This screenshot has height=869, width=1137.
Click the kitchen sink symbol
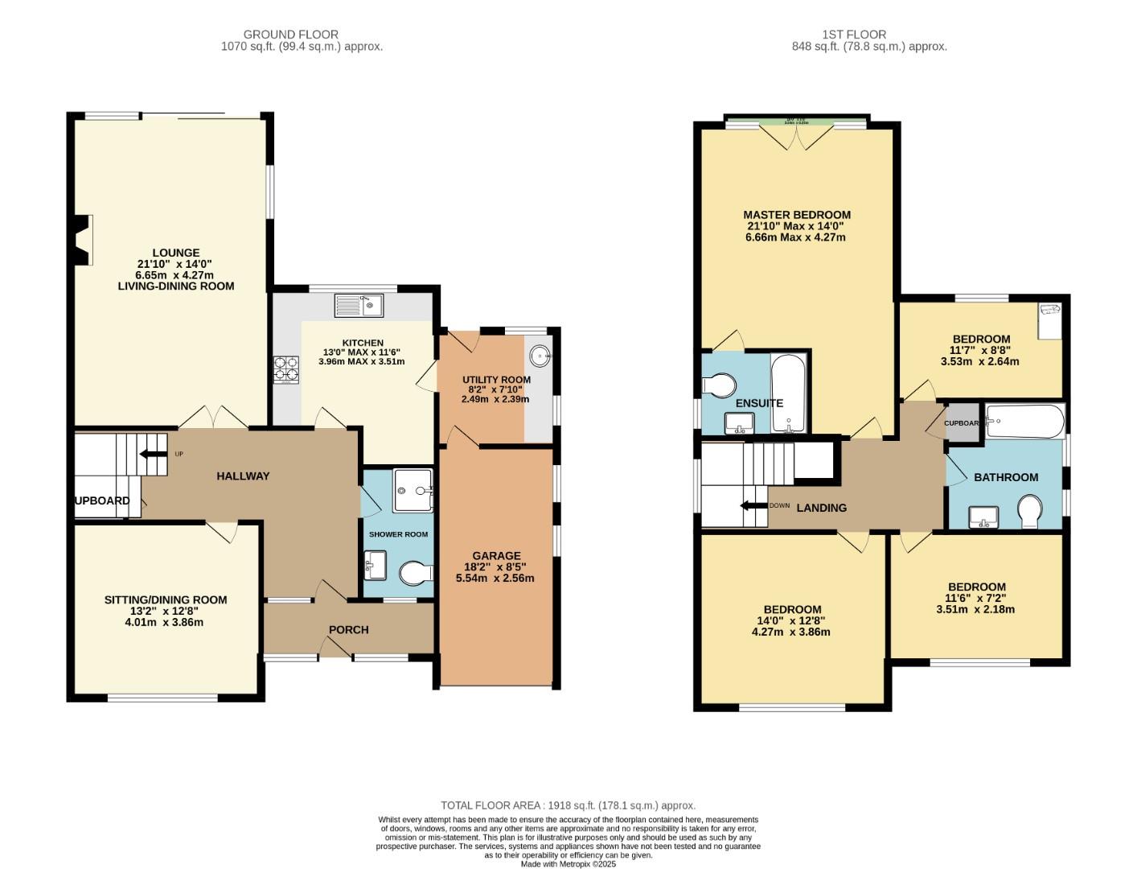tap(359, 305)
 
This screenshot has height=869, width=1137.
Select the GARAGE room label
tap(496, 556)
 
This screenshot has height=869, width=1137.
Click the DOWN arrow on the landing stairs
tap(754, 506)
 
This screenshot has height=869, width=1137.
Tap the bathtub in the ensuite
tap(787, 392)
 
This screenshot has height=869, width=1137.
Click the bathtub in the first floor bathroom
tap(1024, 421)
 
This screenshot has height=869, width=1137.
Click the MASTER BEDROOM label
tap(796, 215)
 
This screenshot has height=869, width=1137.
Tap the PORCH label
tap(349, 629)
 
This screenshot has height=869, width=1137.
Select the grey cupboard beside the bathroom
tap(962, 423)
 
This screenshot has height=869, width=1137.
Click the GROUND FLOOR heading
tap(291, 35)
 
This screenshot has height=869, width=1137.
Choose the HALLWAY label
tap(243, 476)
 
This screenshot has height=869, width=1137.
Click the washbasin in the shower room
tap(376, 564)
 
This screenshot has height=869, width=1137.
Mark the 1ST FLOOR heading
tap(854, 35)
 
